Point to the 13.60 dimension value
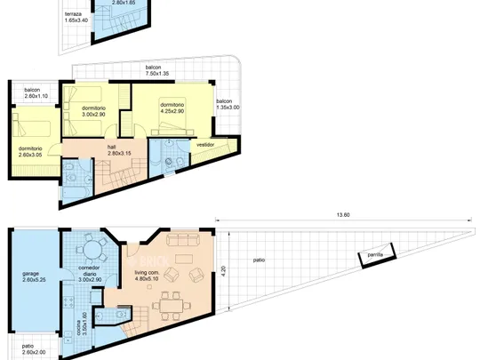(x=343, y=215)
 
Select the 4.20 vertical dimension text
(x=223, y=271)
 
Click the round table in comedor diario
(x=92, y=249)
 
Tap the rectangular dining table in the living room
(x=172, y=306)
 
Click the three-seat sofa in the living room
(x=183, y=240)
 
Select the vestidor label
(x=205, y=145)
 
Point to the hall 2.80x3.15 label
(x=119, y=150)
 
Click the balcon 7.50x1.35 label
(x=157, y=70)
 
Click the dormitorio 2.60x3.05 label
(x=30, y=152)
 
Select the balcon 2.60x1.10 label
(x=36, y=92)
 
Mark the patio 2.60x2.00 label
(x=34, y=349)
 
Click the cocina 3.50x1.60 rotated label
(x=82, y=324)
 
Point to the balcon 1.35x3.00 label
(x=228, y=104)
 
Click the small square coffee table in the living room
(x=149, y=287)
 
